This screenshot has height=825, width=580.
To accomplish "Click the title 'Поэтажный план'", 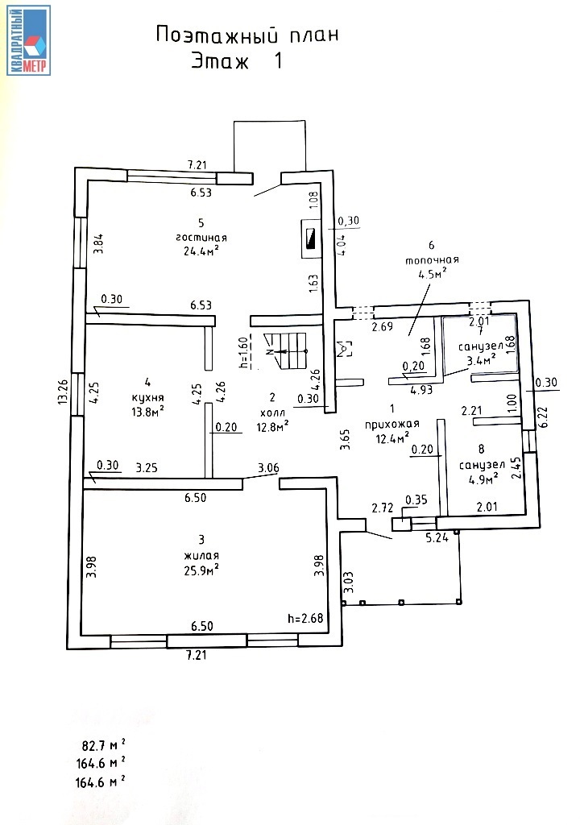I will (x=246, y=35).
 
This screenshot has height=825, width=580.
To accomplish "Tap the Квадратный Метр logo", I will (x=29, y=40).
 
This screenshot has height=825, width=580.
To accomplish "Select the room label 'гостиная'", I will (x=201, y=238).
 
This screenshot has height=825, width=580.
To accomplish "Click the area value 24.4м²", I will (x=201, y=251).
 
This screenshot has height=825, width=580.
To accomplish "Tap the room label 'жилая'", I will (x=201, y=556).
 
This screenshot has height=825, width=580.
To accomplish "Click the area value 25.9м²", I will (x=201, y=570).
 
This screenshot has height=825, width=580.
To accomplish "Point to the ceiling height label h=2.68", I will (x=305, y=619).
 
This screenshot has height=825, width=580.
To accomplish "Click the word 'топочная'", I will (x=433, y=259).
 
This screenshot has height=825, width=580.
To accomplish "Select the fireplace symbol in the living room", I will (x=309, y=239).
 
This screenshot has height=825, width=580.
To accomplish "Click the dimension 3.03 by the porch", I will (x=349, y=582).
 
